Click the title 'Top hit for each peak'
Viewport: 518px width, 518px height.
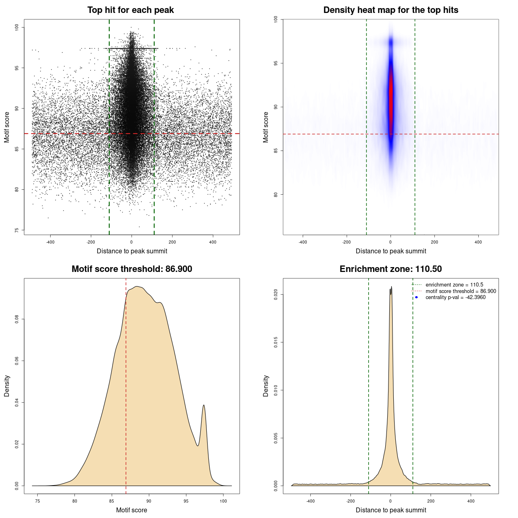[130, 10]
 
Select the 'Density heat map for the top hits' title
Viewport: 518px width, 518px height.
[391, 10]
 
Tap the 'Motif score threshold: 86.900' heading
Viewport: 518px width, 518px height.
[132, 269]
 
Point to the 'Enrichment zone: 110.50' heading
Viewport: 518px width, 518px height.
[391, 269]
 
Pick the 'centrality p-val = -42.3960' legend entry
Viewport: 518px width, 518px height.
[455, 297]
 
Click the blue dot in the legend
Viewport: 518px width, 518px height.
[416, 297]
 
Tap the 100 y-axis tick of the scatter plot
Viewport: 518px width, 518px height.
[17, 27]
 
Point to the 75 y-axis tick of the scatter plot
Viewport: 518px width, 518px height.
[17, 230]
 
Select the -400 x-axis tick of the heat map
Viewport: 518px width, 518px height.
[303, 242]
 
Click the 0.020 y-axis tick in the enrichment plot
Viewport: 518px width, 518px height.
[276, 295]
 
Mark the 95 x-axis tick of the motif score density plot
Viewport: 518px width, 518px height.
[186, 501]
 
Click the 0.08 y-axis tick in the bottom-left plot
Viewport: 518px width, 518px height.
[17, 320]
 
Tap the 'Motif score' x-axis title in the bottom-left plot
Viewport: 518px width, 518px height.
[132, 510]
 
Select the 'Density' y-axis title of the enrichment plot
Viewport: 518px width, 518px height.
[266, 386]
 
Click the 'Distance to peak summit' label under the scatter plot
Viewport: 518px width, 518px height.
[132, 251]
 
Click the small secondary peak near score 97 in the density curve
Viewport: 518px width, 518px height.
[204, 406]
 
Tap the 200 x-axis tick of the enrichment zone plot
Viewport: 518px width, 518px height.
[431, 501]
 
